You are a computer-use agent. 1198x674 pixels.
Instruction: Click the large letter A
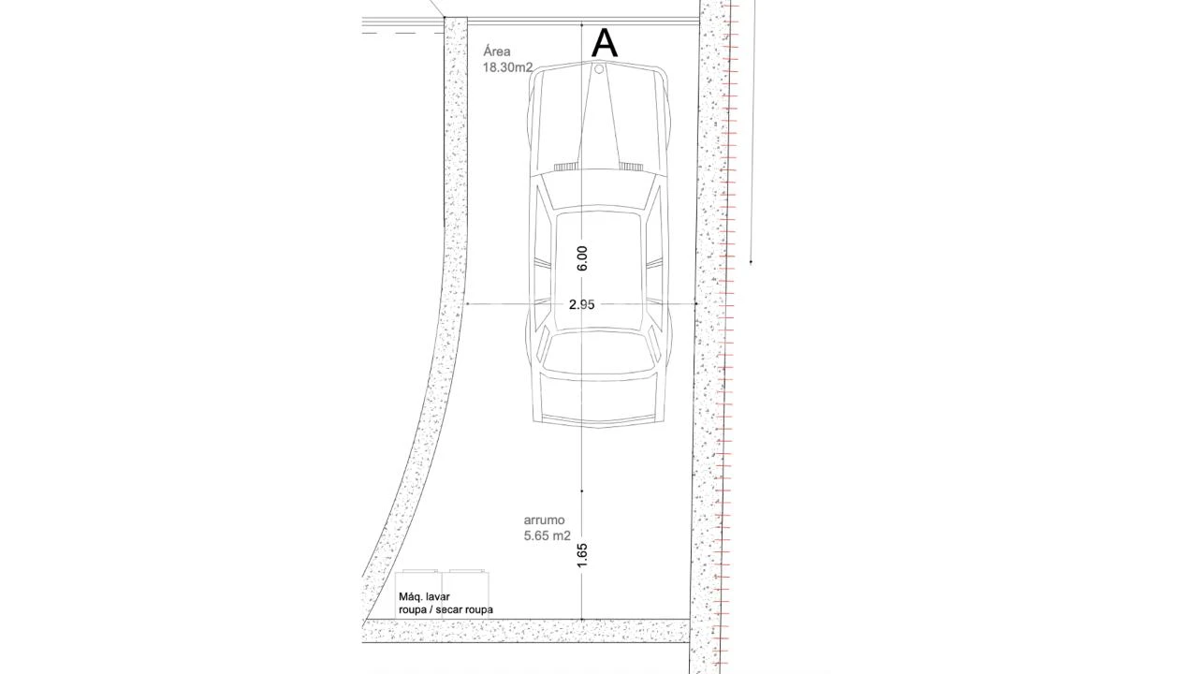pos(605,43)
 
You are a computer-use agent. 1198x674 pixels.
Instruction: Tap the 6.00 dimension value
pos(582,258)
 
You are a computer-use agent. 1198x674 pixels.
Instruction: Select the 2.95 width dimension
pos(582,304)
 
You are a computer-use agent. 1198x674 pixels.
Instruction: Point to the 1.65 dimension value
pos(582,555)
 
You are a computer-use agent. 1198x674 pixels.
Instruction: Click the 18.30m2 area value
pos(507,68)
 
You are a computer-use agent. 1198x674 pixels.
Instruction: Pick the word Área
pos(497,51)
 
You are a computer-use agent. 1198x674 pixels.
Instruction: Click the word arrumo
pos(545,520)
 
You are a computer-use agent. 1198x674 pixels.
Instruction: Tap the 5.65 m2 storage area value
pos(548,535)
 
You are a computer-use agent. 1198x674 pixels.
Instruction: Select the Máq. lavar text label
pos(424,596)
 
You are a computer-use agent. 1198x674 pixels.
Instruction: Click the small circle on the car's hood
pos(599,69)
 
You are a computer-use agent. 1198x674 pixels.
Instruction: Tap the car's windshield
pos(598,190)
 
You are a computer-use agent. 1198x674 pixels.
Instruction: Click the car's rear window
pos(598,353)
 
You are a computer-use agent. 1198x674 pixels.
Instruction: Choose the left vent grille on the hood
pos(566,167)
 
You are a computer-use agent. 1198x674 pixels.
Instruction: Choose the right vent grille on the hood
pos(631,167)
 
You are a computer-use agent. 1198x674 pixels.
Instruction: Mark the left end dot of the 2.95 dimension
pos(467,304)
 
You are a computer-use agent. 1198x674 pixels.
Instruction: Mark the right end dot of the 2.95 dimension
pos(696,304)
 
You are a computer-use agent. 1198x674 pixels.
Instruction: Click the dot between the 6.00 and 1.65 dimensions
pos(582,491)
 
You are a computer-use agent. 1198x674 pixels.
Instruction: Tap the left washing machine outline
pos(418,594)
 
